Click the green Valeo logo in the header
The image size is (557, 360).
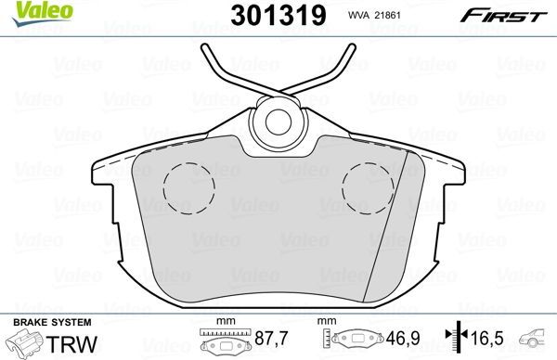(26, 11)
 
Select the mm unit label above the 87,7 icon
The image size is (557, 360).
(222, 321)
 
